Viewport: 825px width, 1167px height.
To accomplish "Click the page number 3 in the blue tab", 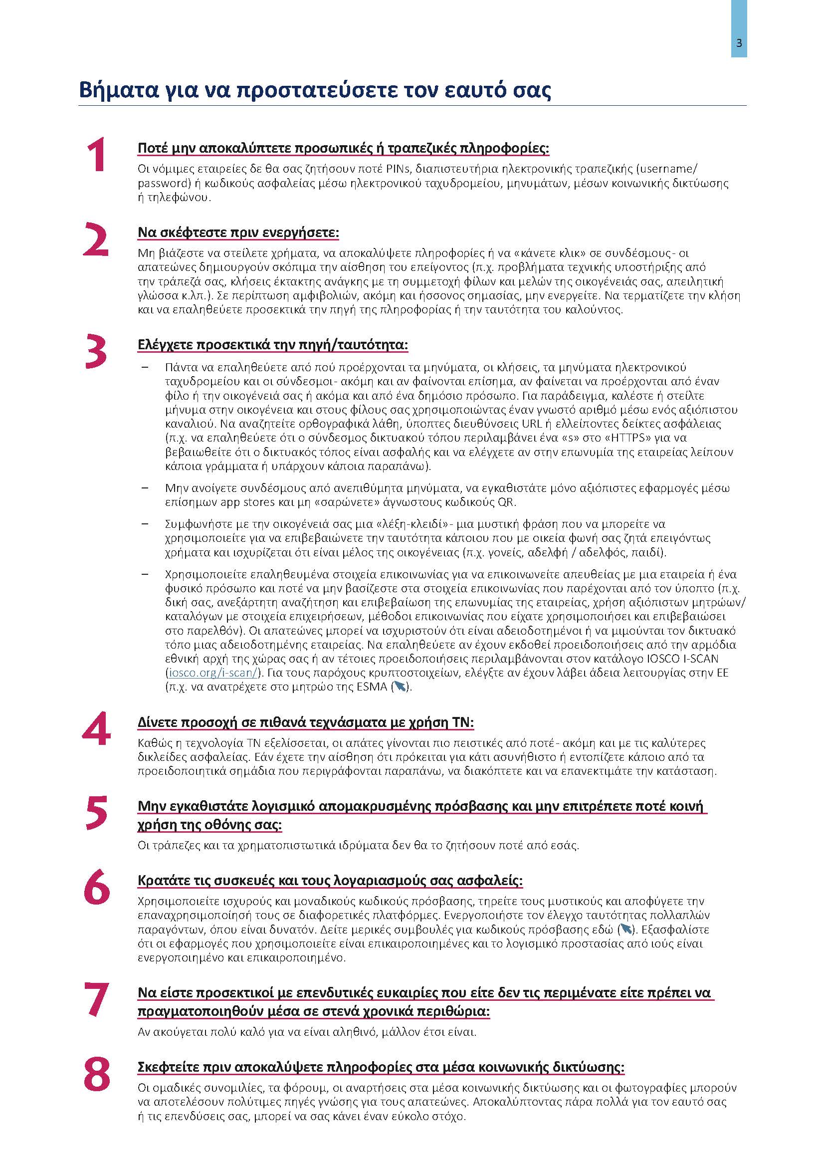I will [739, 43].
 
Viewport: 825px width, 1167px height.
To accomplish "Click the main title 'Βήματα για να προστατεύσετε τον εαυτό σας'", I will [315, 90].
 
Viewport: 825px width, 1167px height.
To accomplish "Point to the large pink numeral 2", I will [95, 239].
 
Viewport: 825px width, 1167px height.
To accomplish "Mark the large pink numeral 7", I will [96, 999].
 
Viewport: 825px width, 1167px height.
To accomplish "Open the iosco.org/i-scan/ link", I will [213, 673].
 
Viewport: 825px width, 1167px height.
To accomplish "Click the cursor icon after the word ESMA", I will [401, 687].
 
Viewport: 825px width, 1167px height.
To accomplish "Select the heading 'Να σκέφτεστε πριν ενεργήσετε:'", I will [238, 233].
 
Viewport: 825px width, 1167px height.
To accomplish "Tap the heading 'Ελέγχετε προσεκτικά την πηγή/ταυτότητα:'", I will [273, 345].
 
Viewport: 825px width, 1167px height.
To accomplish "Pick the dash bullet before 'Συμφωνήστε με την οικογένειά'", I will [145, 523].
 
